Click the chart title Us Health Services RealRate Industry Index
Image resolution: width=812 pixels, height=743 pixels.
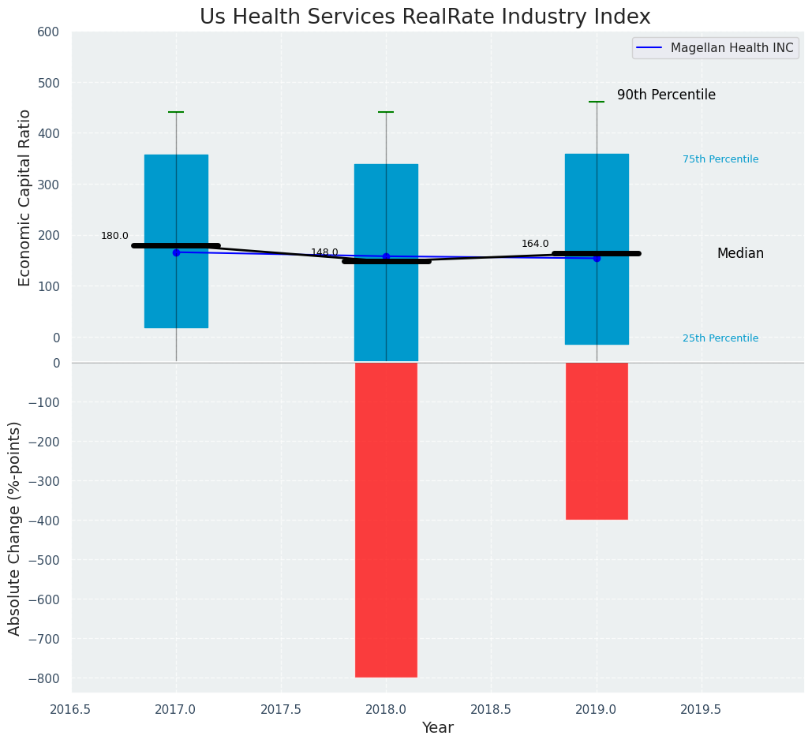[x=425, y=17]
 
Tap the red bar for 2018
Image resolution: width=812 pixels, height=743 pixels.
[x=386, y=520]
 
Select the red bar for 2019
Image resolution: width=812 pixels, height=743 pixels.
[x=597, y=441]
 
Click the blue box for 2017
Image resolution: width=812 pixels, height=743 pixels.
[x=176, y=197]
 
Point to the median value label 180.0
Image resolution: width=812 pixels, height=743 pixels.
[x=114, y=236]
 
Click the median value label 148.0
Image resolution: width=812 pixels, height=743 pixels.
[x=324, y=252]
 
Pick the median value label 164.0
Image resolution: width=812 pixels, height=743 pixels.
[x=535, y=244]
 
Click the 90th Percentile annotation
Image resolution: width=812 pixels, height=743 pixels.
[x=666, y=95]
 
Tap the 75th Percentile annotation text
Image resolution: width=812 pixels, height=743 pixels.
[x=720, y=159]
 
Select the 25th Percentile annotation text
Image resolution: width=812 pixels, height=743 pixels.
[x=720, y=338]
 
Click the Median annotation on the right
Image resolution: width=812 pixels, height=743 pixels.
[x=740, y=254]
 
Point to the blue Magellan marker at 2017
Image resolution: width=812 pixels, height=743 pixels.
[x=176, y=252]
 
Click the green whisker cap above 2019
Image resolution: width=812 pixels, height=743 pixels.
[x=597, y=102]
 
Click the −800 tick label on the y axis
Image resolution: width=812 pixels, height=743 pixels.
[x=43, y=678]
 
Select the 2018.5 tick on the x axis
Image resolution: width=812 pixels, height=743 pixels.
[x=491, y=709]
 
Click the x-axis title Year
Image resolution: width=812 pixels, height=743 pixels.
[x=437, y=728]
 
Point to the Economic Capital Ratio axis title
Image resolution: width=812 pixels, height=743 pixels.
[x=24, y=197]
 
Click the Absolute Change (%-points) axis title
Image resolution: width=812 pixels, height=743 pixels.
[x=15, y=528]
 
